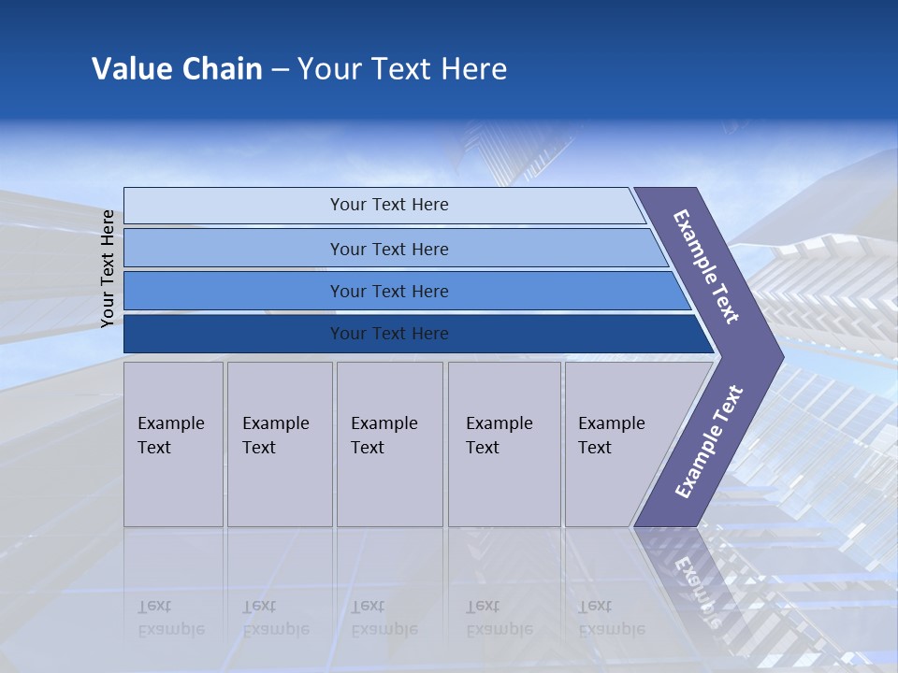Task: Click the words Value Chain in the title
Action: (x=177, y=69)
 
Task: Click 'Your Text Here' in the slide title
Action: (x=402, y=69)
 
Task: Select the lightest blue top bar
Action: (x=234, y=206)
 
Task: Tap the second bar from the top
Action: (x=234, y=249)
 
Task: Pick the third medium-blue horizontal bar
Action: (x=234, y=291)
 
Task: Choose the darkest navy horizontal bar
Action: (x=234, y=334)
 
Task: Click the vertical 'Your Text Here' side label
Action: (x=108, y=268)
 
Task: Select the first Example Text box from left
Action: (x=173, y=444)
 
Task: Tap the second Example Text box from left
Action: (x=280, y=444)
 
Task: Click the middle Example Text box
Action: (x=389, y=444)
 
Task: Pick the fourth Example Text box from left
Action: (x=504, y=444)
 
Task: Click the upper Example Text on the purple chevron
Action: (x=706, y=266)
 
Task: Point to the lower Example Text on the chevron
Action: (x=709, y=441)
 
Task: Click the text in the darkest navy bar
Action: (x=389, y=334)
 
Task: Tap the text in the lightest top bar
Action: (x=389, y=205)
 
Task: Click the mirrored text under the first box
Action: (x=171, y=618)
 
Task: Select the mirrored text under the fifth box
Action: (x=611, y=618)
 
